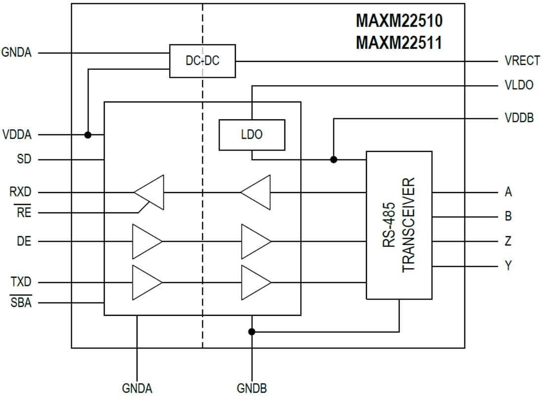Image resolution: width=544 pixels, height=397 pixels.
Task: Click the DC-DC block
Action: tap(202, 61)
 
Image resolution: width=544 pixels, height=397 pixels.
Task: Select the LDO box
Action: tap(252, 135)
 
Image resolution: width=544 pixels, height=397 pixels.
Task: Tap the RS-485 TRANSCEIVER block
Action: tap(399, 225)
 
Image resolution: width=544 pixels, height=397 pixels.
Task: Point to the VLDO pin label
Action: tap(519, 85)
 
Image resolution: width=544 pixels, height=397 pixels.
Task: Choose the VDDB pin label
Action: tap(519, 118)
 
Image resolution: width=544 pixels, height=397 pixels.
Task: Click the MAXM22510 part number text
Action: tap(399, 21)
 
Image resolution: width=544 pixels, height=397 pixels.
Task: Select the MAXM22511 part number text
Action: tap(399, 43)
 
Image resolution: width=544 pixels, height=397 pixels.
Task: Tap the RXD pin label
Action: tap(20, 192)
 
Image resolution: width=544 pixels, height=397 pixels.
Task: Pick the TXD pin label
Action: tap(21, 283)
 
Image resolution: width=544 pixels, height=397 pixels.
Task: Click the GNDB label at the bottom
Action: tap(252, 388)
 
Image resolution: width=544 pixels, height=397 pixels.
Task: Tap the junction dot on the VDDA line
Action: tap(88, 135)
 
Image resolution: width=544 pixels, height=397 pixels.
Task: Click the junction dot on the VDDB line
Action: tap(334, 159)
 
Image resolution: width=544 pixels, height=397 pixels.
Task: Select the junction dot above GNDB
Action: tap(252, 332)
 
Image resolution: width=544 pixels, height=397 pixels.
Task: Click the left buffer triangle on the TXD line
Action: tap(146, 283)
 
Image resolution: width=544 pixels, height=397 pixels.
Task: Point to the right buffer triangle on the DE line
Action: tap(255, 242)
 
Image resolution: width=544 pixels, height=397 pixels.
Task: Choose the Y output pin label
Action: tap(508, 266)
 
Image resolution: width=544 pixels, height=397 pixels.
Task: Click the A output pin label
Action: tap(508, 192)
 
